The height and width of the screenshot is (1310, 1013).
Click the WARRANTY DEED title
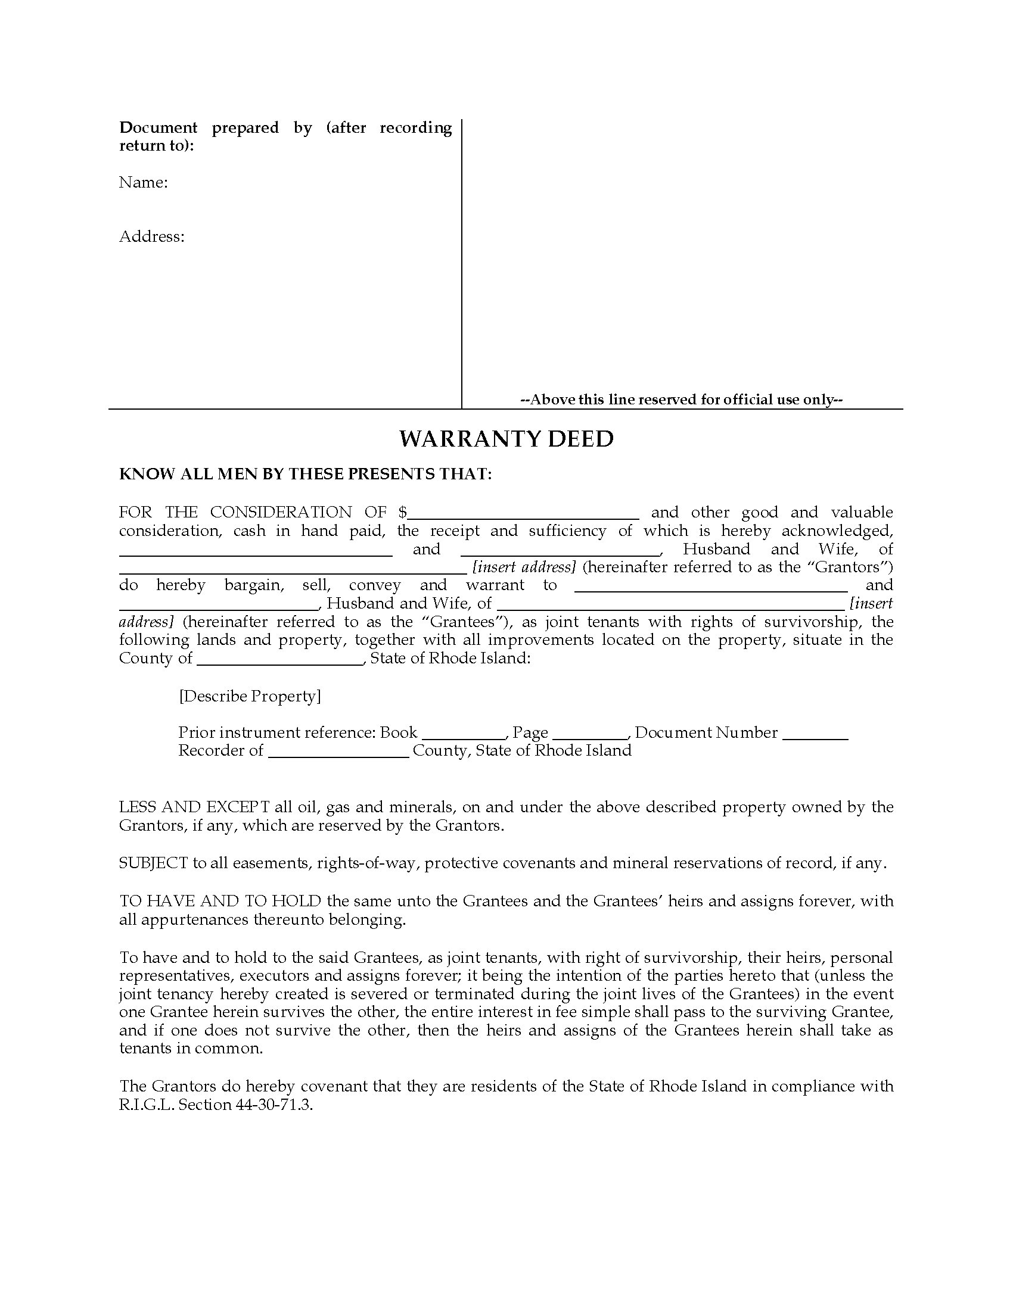coord(506,439)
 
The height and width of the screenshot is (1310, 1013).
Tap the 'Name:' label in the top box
coord(143,182)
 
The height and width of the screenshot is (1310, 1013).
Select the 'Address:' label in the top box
coord(151,236)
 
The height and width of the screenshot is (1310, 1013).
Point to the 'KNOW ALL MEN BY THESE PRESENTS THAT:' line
coord(306,474)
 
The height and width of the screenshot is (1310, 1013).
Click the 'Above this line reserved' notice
coord(682,400)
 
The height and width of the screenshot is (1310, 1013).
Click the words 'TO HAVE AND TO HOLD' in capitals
coord(220,901)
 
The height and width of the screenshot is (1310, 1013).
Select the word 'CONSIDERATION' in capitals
coord(281,512)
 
